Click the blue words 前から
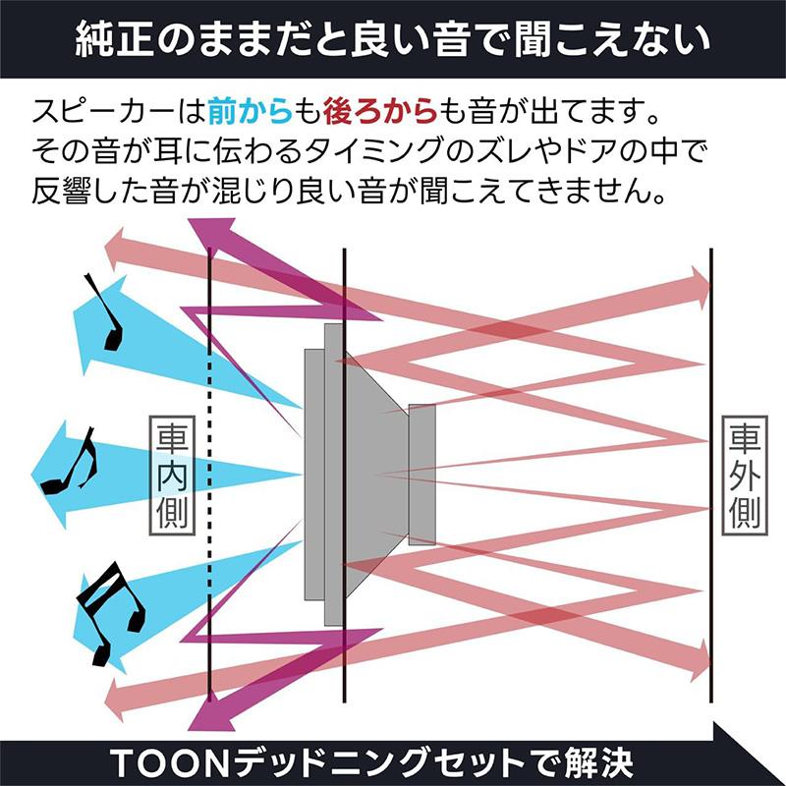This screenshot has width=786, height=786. pyautogui.click(x=250, y=111)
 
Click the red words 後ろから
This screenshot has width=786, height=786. pyautogui.click(x=380, y=111)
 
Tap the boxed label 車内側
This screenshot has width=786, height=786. pyautogui.click(x=172, y=476)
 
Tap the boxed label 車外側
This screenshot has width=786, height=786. pyautogui.click(x=745, y=476)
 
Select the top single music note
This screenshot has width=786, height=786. pyautogui.click(x=106, y=312)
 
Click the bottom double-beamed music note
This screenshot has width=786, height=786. pyautogui.click(x=111, y=612)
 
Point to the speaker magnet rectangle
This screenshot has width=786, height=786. pyautogui.click(x=422, y=475)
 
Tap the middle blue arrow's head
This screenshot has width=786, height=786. pyautogui.click(x=49, y=475)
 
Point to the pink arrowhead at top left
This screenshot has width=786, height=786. pyautogui.click(x=115, y=250)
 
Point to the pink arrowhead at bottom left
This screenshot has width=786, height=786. pyautogui.click(x=115, y=701)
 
